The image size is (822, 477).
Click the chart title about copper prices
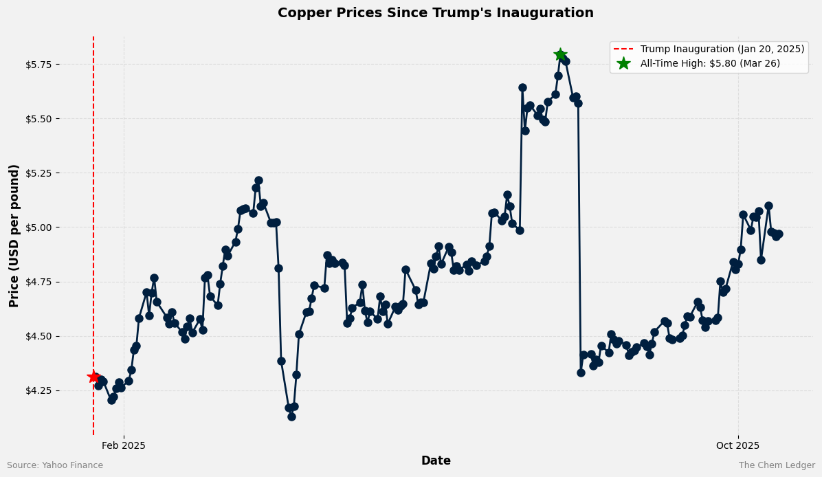436,13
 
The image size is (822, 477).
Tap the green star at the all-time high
560,55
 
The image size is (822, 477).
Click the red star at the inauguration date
93,377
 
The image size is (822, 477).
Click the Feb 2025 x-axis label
124,445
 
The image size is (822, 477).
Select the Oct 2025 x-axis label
738,445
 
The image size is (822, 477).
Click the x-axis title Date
436,461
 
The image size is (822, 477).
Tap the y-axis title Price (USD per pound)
14,236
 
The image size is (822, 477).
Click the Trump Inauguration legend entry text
722,49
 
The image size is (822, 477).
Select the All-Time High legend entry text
715,63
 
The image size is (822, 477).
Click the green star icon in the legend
623,63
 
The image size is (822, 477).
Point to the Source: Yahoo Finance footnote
55,465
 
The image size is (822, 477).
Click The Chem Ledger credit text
777,465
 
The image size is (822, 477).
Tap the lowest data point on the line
291,417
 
